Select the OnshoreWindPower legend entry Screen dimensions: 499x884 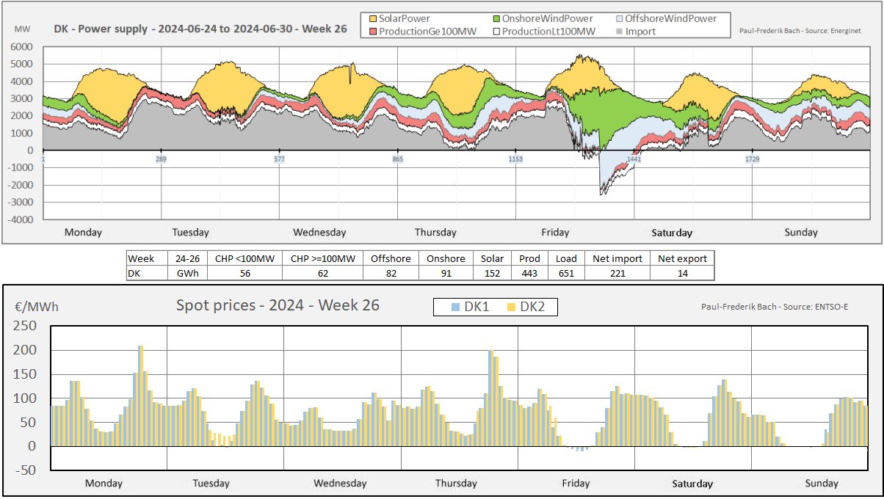[542, 18]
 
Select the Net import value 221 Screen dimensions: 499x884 [617, 273]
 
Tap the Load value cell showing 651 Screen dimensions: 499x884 [566, 273]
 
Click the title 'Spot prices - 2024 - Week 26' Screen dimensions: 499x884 [278, 305]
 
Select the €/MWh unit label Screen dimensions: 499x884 [36, 307]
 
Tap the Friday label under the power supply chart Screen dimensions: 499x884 [555, 233]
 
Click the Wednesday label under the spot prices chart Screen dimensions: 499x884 [340, 484]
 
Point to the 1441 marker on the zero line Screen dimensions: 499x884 [634, 159]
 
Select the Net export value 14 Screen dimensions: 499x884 [682, 273]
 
